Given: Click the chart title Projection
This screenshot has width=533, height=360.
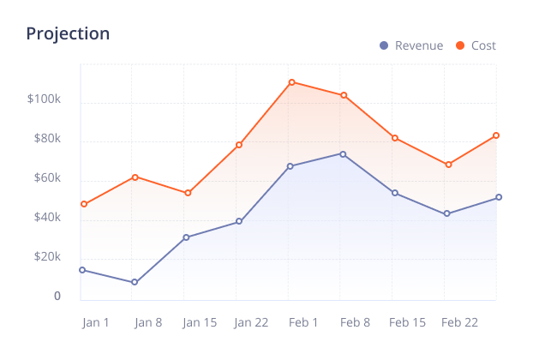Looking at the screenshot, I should pyautogui.click(x=68, y=34).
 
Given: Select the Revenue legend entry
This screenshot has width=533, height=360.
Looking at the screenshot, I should pyautogui.click(x=411, y=45).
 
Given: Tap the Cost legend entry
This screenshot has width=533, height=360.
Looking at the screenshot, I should pyautogui.click(x=476, y=45).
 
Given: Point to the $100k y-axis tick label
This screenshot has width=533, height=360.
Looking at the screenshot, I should pyautogui.click(x=44, y=99).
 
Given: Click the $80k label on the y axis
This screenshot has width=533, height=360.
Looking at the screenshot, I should pyautogui.click(x=46, y=139).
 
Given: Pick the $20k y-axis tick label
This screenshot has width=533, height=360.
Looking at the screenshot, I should pyautogui.click(x=46, y=257).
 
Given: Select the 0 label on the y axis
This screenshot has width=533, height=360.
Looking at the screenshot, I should pyautogui.click(x=57, y=296).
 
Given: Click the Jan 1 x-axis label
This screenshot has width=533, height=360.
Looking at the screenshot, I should pyautogui.click(x=96, y=322).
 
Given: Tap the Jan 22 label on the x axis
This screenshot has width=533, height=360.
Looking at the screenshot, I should pyautogui.click(x=251, y=322).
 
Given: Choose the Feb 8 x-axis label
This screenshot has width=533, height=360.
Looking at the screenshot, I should pyautogui.click(x=355, y=322).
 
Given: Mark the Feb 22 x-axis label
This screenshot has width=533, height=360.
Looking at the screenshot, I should pyautogui.click(x=459, y=322).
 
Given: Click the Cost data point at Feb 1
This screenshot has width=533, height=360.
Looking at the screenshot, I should pyautogui.click(x=291, y=82).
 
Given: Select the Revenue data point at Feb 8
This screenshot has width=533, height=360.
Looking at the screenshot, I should pyautogui.click(x=343, y=154).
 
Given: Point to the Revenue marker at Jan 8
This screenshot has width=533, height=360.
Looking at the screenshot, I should pyautogui.click(x=135, y=282).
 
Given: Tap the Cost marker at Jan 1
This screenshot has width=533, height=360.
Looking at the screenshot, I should pyautogui.click(x=83, y=204).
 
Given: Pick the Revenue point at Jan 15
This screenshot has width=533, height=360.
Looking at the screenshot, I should pyautogui.click(x=187, y=237).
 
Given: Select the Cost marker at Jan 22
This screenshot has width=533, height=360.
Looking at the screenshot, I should pyautogui.click(x=239, y=145).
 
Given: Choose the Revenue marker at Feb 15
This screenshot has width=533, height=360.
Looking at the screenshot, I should pyautogui.click(x=395, y=193).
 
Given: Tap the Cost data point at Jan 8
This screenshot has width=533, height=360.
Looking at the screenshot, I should pyautogui.click(x=135, y=177).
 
